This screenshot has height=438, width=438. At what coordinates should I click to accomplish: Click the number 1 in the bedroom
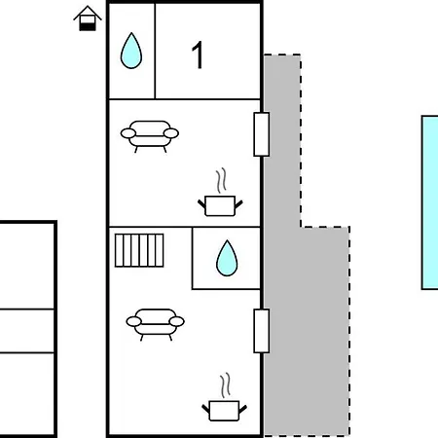tap(198, 55)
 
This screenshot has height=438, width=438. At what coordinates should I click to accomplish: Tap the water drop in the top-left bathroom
tap(131, 51)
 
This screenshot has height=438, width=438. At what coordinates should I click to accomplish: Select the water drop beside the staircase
tap(227, 259)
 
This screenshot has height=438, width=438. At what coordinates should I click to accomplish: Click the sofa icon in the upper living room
tap(150, 136)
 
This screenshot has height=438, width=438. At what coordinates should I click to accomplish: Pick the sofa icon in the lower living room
tap(155, 324)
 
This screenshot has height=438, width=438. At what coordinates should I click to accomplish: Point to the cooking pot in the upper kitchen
tap(220, 205)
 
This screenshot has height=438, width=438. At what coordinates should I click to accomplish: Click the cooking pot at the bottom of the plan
tap(224, 411)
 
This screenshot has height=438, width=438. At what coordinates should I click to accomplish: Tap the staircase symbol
tap(139, 250)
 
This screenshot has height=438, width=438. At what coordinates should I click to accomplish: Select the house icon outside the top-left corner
tap(88, 18)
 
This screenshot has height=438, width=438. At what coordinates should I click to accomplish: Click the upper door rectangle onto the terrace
tap(261, 134)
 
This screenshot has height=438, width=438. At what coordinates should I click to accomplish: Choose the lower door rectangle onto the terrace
tap(261, 331)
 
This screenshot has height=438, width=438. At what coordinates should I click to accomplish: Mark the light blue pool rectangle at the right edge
tap(429, 202)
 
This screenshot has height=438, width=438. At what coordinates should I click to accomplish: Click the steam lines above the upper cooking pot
tap(221, 180)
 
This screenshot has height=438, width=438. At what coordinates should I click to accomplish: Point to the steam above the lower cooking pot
tap(226, 385)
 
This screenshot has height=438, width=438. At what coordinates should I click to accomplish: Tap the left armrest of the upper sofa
tap(128, 133)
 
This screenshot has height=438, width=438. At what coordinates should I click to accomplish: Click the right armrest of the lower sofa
tap(177, 321)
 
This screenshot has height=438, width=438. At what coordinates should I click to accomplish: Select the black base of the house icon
tap(88, 27)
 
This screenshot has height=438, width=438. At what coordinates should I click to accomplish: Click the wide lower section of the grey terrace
tap(307, 331)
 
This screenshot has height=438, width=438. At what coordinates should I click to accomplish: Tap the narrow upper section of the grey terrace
tap(282, 140)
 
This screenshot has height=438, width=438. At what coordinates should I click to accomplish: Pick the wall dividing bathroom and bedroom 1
tap(155, 51)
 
